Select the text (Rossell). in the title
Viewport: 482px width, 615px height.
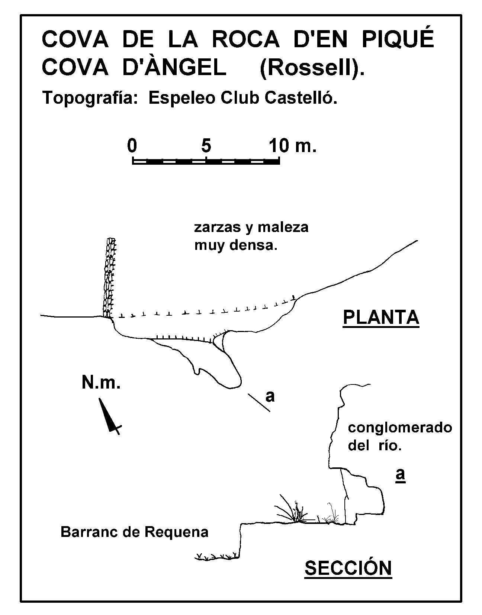pos(312,69)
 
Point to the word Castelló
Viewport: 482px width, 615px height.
pos(301,98)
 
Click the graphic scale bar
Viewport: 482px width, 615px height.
pos(206,161)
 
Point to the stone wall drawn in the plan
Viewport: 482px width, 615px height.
pos(110,278)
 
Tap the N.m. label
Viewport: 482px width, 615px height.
pos(101,382)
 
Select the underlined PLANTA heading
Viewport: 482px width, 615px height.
pos(381,318)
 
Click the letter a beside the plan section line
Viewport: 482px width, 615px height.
pos(270,396)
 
